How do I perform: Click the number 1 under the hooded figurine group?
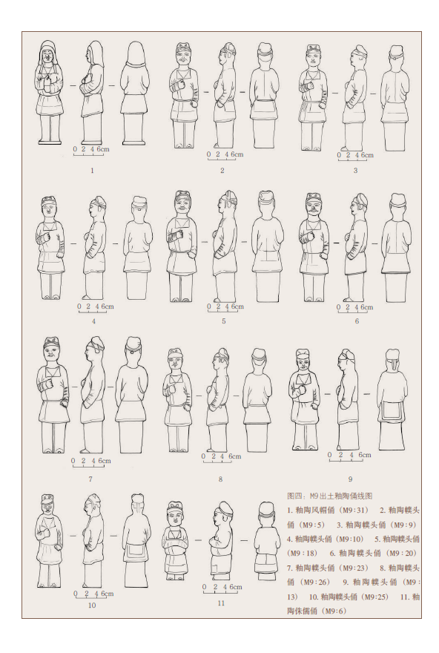pyautogui.click(x=92, y=171)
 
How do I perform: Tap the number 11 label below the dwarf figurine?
pyautogui.click(x=221, y=603)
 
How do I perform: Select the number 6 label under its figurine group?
pyautogui.click(x=357, y=321)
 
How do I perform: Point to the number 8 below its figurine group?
pyautogui.click(x=220, y=479)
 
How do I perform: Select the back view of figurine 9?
pyautogui.click(x=393, y=399)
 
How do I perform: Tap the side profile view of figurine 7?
pyautogui.click(x=93, y=395)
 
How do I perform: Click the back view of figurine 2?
pyautogui.click(x=264, y=95)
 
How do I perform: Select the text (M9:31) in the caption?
pyautogui.click(x=353, y=511)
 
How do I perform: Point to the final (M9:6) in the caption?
pyautogui.click(x=332, y=611)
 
